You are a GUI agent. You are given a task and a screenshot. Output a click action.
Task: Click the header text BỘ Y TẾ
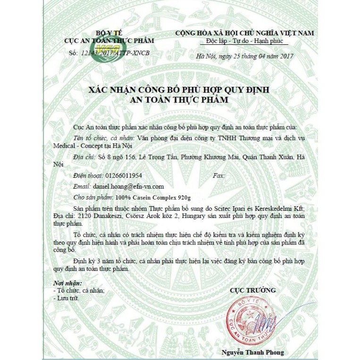point(109,33)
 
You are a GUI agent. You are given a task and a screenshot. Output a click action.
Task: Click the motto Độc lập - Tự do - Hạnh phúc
point(244,42)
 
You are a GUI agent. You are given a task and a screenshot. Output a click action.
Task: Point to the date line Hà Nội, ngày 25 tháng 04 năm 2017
point(244,56)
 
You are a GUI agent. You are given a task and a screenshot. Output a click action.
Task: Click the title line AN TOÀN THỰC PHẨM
point(180,100)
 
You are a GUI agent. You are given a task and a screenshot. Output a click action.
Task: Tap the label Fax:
point(219,176)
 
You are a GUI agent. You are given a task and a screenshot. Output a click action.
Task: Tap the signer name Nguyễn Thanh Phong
point(253,352)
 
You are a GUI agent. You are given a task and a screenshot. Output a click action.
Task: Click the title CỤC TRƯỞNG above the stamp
point(252,290)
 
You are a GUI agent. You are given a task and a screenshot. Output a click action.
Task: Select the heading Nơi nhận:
point(67,283)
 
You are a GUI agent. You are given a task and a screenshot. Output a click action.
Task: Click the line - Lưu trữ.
point(67,298)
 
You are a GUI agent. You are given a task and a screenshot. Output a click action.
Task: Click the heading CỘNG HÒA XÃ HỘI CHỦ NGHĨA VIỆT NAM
point(244,33)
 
